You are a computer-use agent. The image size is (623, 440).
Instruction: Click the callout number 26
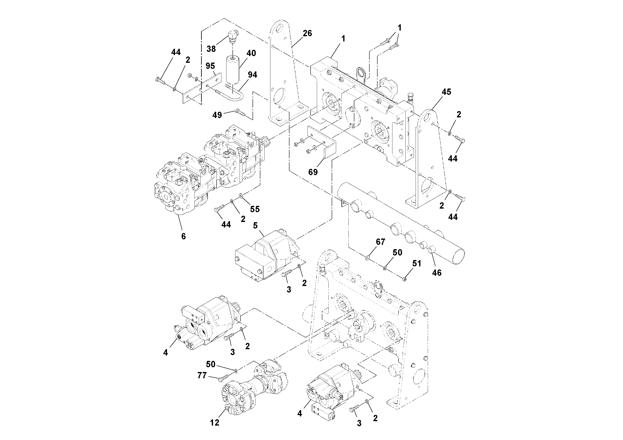(x=307, y=33)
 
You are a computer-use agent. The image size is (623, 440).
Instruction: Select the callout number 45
(x=446, y=92)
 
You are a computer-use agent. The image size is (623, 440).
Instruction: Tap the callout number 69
(x=313, y=172)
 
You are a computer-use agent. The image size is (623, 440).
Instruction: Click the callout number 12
(x=214, y=423)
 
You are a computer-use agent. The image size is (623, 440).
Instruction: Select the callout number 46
(x=437, y=272)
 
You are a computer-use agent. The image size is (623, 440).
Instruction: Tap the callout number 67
(x=380, y=241)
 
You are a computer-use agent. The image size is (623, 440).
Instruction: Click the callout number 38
(x=211, y=49)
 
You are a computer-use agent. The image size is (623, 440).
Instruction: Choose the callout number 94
(x=252, y=75)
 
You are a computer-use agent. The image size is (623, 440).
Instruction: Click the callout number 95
(x=210, y=66)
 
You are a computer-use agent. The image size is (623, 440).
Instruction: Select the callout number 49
(x=217, y=115)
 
